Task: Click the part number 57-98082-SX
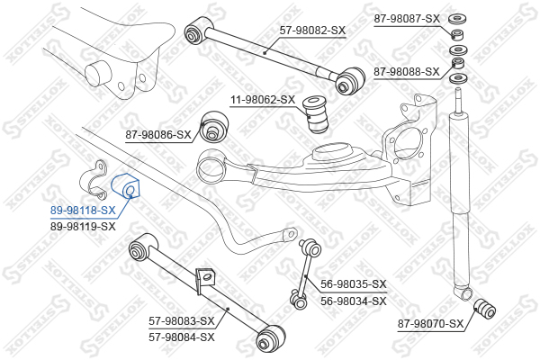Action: [x=311, y=31]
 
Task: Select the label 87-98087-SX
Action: [x=406, y=19]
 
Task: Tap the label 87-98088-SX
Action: [x=406, y=71]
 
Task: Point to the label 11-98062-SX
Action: [x=262, y=100]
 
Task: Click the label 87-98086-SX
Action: [x=158, y=135]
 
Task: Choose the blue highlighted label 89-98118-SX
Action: [x=82, y=211]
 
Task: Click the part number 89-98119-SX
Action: [x=82, y=227]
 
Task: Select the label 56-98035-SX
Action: [x=353, y=284]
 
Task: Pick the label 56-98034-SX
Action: [x=353, y=301]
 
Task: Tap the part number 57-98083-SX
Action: [x=181, y=320]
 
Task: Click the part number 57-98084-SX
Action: [x=181, y=337]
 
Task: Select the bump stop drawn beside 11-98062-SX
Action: [x=317, y=112]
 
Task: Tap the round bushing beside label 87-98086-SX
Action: [x=213, y=127]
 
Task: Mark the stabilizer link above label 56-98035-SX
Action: [x=305, y=270]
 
